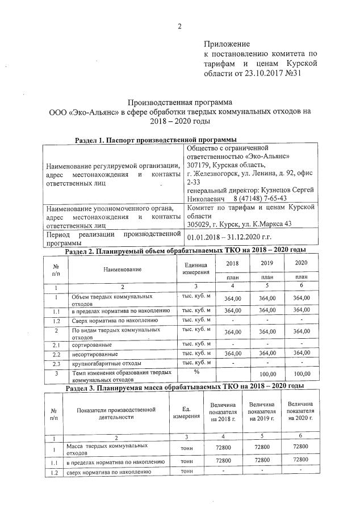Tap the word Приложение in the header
pos(227,44)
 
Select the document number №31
pos(300,73)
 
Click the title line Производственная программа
pos(180,103)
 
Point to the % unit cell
pos(196,372)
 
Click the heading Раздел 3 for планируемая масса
pos(180,386)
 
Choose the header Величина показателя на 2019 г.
pos(262,411)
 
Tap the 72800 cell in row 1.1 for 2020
pos(299,460)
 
